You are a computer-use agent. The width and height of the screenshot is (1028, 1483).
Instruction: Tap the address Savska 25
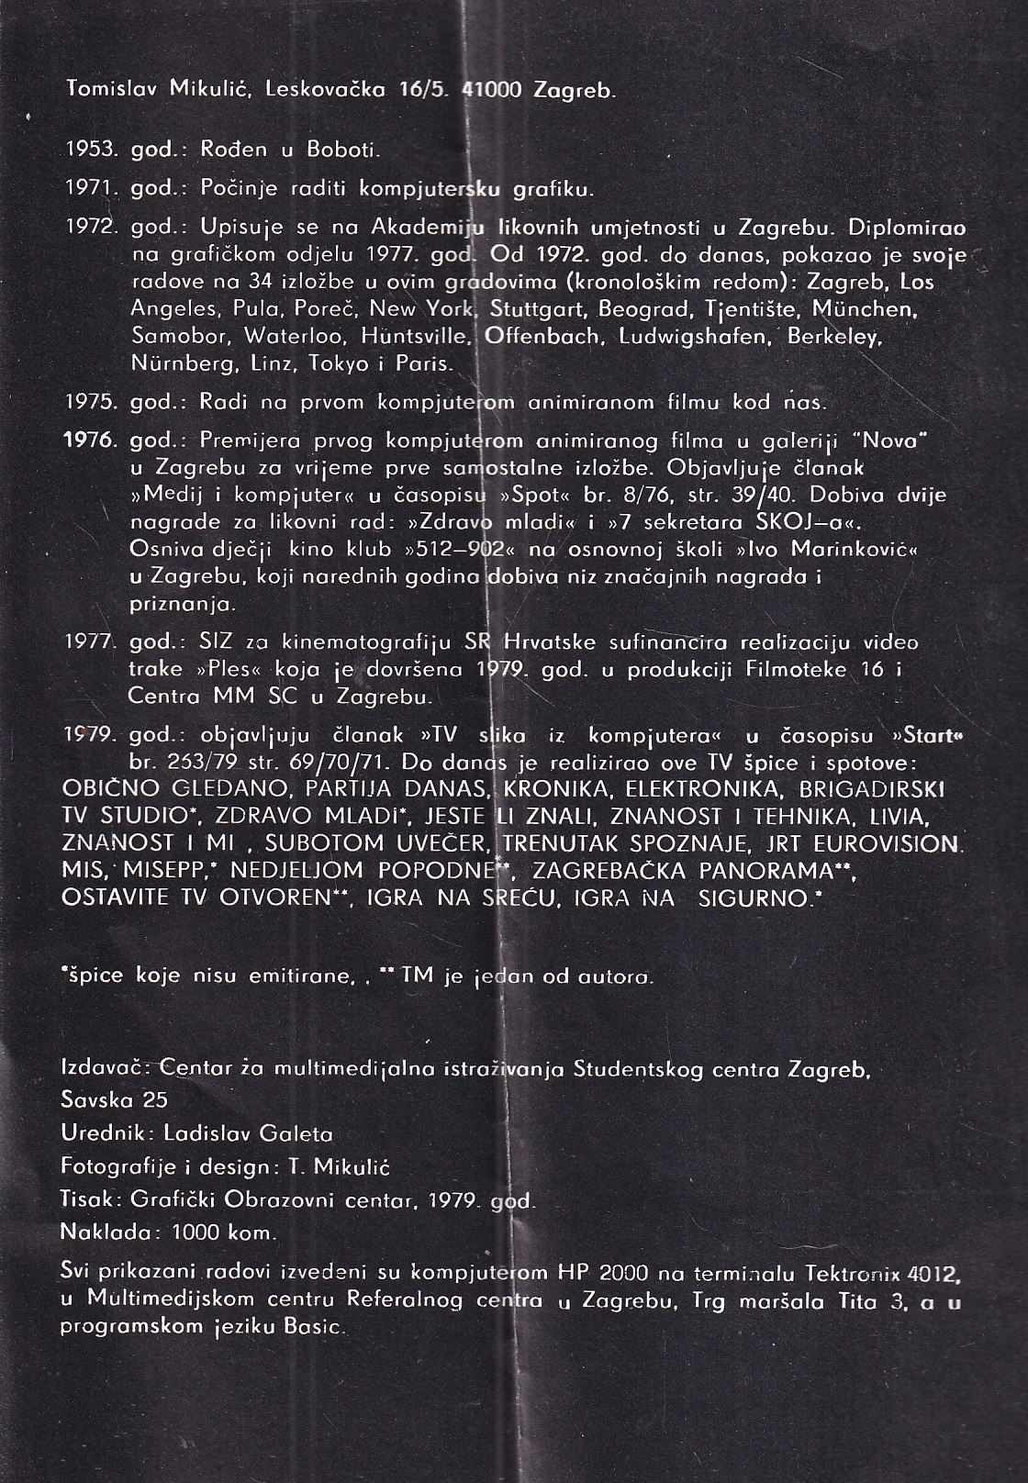114,1099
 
